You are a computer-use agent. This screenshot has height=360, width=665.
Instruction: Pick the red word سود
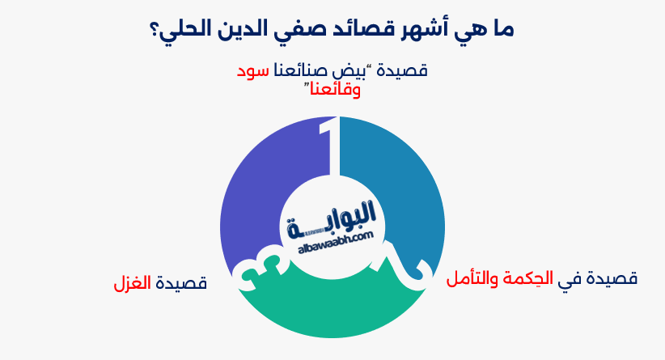pyautogui.click(x=252, y=71)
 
